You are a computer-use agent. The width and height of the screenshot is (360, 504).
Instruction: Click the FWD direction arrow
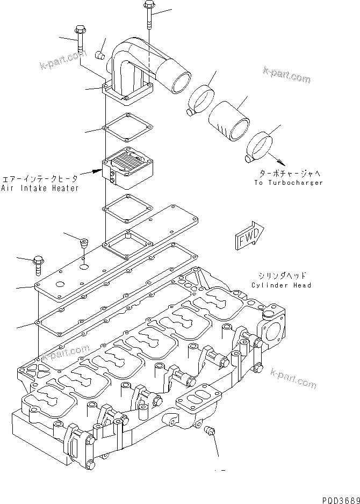pos(249,235)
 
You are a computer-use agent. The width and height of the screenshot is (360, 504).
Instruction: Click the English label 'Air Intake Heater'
pos(40,188)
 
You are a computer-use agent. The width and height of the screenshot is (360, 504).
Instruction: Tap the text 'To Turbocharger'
pos(289,183)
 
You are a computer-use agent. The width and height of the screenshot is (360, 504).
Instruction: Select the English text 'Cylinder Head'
pos(280,285)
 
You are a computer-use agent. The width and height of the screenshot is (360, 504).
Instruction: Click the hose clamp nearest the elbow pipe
pos(201,100)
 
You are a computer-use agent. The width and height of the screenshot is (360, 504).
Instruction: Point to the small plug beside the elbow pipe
pos(99,55)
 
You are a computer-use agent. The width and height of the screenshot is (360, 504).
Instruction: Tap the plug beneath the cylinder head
pos(210,431)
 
